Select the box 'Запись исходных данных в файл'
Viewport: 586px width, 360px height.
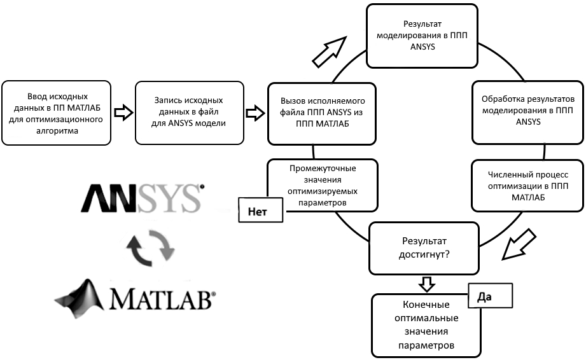(x=190, y=111)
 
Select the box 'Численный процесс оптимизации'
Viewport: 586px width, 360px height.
(x=527, y=185)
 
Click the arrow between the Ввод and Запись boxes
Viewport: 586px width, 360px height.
(x=123, y=113)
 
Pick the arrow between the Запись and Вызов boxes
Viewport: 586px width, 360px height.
(x=255, y=113)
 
